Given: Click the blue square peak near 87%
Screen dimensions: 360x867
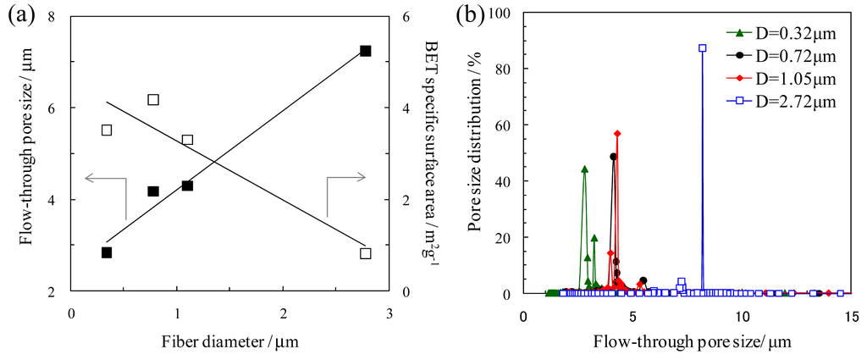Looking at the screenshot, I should [x=702, y=48].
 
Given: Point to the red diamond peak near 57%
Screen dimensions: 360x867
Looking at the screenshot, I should [x=618, y=134].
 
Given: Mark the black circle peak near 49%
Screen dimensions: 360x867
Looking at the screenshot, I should [x=613, y=157].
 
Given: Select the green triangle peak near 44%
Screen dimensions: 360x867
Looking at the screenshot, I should [x=584, y=169].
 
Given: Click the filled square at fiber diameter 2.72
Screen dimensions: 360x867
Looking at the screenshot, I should [x=365, y=51].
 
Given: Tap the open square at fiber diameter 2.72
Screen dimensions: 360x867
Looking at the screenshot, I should [x=365, y=253].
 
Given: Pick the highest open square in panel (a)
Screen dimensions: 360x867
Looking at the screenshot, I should [x=153, y=100].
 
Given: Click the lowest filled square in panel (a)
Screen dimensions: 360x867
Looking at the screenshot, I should [x=107, y=252].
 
